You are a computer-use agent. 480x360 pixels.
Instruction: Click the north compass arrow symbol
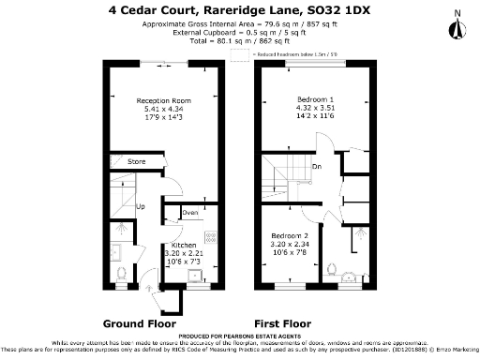point(457,26)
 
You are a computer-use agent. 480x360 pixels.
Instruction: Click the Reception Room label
point(163,99)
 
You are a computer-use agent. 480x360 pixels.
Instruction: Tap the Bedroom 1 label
point(314,99)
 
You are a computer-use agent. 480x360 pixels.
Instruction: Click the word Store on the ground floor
point(137,162)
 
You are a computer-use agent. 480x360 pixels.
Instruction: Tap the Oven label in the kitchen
point(190,213)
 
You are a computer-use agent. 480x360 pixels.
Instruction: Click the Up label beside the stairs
point(141,205)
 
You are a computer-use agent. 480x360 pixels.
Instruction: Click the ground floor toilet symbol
point(121,273)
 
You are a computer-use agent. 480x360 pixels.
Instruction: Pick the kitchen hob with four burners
point(211,238)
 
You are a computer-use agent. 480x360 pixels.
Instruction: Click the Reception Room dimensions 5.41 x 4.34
point(163,108)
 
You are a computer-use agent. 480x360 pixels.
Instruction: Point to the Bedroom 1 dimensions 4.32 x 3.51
point(314,108)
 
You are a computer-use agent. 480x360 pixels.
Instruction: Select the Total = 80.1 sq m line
point(241,42)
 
